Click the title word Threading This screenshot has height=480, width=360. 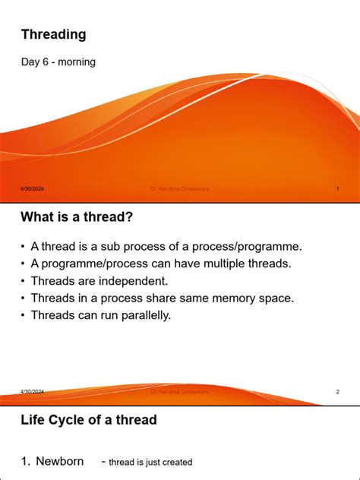(x=53, y=34)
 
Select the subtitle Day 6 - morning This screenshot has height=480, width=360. (x=58, y=62)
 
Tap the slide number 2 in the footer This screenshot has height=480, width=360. (x=337, y=392)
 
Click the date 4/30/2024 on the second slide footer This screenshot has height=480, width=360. (x=33, y=392)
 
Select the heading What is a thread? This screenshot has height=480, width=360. (x=77, y=218)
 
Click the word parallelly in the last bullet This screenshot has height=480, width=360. (x=143, y=314)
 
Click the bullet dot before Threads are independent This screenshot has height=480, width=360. (x=24, y=281)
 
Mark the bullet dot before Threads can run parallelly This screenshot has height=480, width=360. (x=24, y=315)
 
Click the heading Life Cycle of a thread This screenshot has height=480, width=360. (x=89, y=420)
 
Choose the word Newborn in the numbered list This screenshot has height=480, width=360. (x=60, y=461)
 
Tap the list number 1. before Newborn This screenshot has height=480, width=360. (x=27, y=461)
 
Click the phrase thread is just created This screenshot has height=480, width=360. (x=150, y=462)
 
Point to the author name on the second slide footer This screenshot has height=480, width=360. (x=179, y=392)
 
